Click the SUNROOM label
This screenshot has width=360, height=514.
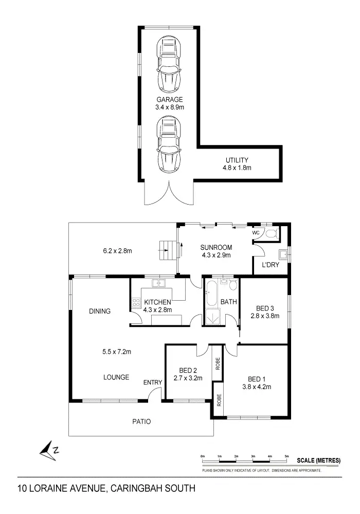[x=217, y=247]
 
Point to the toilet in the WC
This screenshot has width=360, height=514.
[x=273, y=234]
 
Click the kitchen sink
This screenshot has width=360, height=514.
[x=159, y=283]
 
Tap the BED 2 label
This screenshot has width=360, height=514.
[x=188, y=370]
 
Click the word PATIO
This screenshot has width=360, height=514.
[x=141, y=421]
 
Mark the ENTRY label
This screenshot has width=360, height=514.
[x=153, y=382]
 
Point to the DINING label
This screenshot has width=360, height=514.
[x=100, y=311]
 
